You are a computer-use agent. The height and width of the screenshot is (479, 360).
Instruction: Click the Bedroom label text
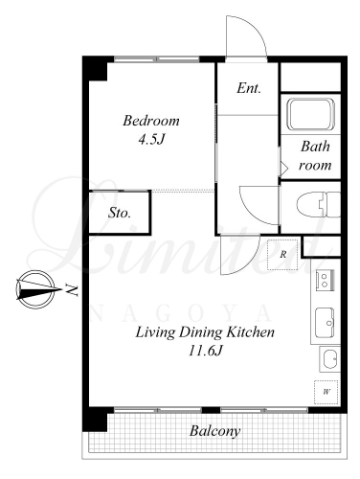click(x=151, y=121)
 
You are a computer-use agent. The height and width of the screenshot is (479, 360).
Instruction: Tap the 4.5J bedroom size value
click(x=151, y=139)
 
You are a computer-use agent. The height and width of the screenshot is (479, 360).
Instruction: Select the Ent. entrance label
click(x=249, y=88)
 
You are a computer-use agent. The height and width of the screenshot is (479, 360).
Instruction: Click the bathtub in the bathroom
click(x=311, y=114)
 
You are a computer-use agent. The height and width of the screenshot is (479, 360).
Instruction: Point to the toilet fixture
click(x=319, y=204)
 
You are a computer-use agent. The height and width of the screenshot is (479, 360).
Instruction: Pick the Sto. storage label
click(x=120, y=213)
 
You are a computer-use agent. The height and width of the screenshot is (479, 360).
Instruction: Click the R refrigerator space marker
click(x=282, y=255)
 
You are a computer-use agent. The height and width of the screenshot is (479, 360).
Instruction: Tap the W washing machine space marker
click(x=326, y=392)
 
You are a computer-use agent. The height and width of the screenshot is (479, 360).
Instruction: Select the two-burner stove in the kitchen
click(x=325, y=281)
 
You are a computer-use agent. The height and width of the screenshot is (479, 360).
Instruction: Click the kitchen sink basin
click(x=325, y=323)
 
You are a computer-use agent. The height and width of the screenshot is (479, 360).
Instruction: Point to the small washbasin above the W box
click(x=330, y=359)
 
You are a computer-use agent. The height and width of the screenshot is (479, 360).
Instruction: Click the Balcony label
click(x=214, y=431)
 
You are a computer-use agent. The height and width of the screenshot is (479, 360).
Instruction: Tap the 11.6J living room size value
click(x=205, y=351)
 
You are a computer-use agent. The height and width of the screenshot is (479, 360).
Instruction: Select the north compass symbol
click(x=35, y=289)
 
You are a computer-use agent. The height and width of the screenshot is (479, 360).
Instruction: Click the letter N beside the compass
click(x=72, y=289)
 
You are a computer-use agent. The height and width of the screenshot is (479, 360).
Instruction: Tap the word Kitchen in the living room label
click(x=250, y=332)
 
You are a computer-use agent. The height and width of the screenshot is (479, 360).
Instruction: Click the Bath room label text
click(x=315, y=156)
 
